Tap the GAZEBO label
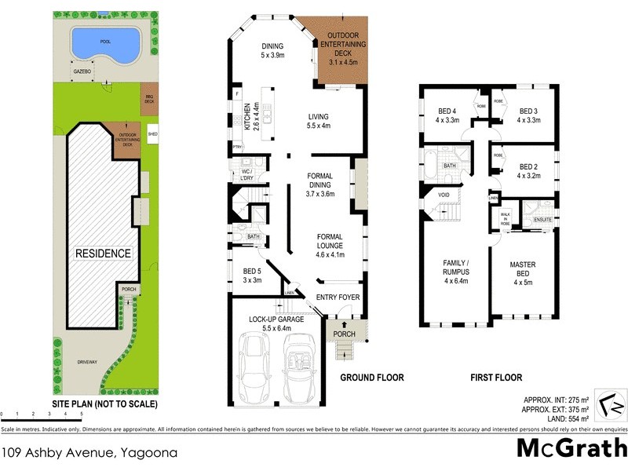pyautogui.click(x=83, y=71)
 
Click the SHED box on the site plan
pyautogui.click(x=152, y=131)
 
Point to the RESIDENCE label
pyautogui.click(x=103, y=254)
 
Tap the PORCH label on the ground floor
pyautogui.click(x=345, y=334)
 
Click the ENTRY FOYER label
pyautogui.click(x=338, y=297)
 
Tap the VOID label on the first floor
pyautogui.click(x=444, y=195)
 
